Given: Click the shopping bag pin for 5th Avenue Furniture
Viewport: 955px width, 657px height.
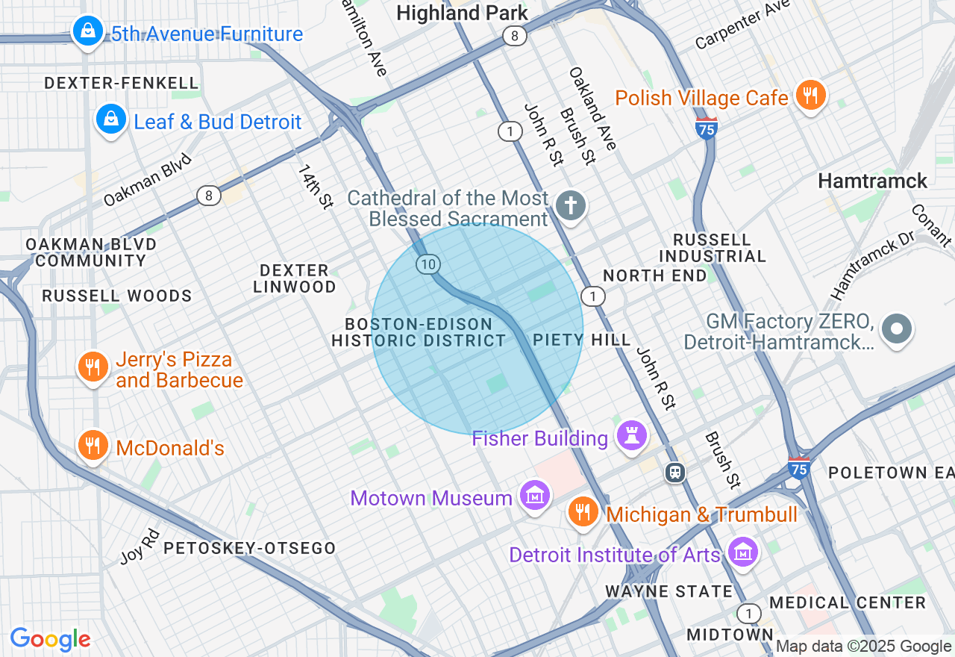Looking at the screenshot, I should pos(88,32).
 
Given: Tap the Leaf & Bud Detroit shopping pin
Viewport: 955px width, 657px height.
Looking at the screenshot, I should pos(111,119).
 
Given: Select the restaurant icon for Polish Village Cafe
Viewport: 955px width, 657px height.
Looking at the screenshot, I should pos(810,96).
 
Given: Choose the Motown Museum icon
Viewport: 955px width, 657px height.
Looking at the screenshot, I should pos(535,496).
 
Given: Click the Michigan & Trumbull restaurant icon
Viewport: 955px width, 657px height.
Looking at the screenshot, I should pos(582,512).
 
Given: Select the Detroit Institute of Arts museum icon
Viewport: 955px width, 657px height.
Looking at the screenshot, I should pos(742,552).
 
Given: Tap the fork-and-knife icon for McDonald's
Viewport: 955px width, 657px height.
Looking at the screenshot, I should pos(93,446).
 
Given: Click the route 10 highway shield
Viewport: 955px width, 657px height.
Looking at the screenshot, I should pos(428,264).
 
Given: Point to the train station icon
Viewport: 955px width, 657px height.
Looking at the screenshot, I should pos(676,473).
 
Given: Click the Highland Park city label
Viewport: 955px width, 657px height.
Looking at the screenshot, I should pos(462,13).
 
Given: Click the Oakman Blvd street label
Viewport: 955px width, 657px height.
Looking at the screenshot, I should pos(148,180).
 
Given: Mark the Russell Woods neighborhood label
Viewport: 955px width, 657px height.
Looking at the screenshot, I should pos(117,296).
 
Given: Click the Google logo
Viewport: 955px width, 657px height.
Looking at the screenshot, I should pos(50,639).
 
